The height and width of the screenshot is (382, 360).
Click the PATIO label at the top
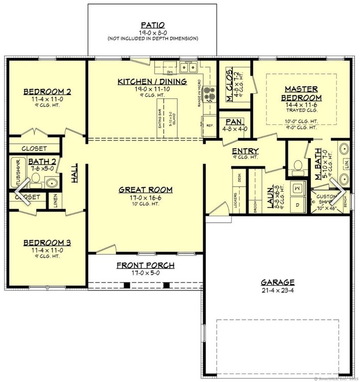pyautogui.click(x=152, y=24)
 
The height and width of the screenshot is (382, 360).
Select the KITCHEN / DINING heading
pyautogui.click(x=152, y=82)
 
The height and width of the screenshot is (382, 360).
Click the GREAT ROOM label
pyautogui.click(x=145, y=190)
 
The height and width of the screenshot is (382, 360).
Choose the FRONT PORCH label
pyautogui.click(x=145, y=265)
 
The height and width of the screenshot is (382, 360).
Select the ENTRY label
pyautogui.click(x=245, y=151)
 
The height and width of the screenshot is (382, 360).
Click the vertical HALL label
pyautogui.click(x=75, y=175)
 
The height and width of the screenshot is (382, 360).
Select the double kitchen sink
pyautogui.click(x=189, y=67)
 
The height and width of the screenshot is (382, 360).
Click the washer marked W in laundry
pyautogui.click(x=298, y=189)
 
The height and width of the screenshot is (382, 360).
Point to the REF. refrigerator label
pyautogui.click(x=210, y=125)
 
